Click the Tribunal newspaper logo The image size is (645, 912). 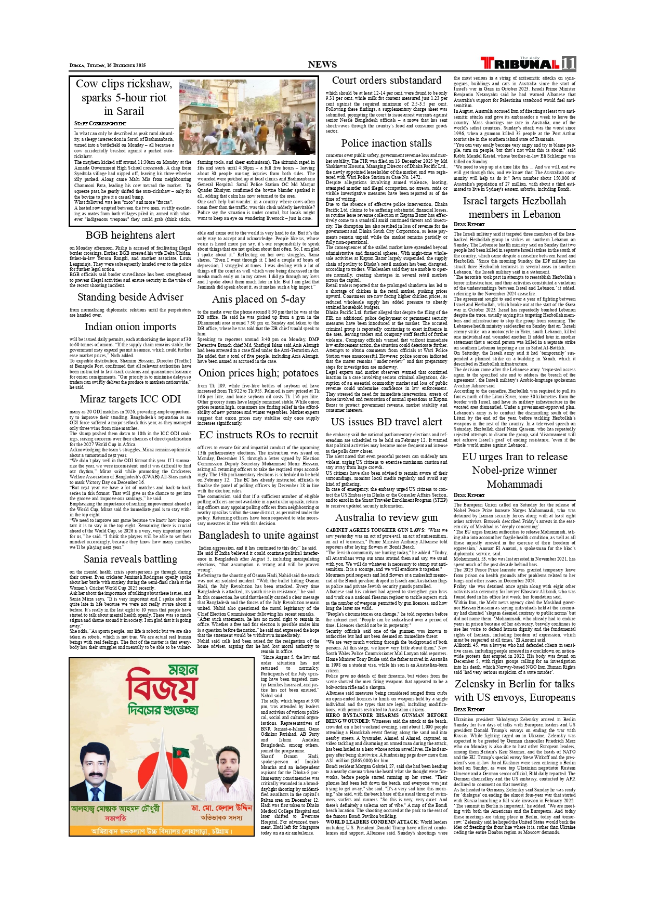click(x=520, y=63)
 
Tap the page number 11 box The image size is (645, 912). click(x=569, y=63)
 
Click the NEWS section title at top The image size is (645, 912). click(x=322, y=64)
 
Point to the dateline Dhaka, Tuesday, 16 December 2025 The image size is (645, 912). click(x=108, y=66)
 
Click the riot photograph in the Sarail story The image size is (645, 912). click(x=247, y=117)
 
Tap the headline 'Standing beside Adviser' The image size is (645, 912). click(x=130, y=297)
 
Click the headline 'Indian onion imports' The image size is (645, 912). click(x=130, y=327)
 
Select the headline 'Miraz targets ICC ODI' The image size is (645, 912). click(x=130, y=399)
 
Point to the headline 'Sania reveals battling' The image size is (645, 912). click(x=130, y=559)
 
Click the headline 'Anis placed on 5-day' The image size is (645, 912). click(x=258, y=299)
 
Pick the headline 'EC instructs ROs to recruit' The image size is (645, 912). click(x=258, y=435)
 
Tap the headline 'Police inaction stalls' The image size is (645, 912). click(x=386, y=143)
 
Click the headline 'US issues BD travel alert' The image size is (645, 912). click(x=386, y=422)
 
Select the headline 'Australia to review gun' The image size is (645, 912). click(x=386, y=517)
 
